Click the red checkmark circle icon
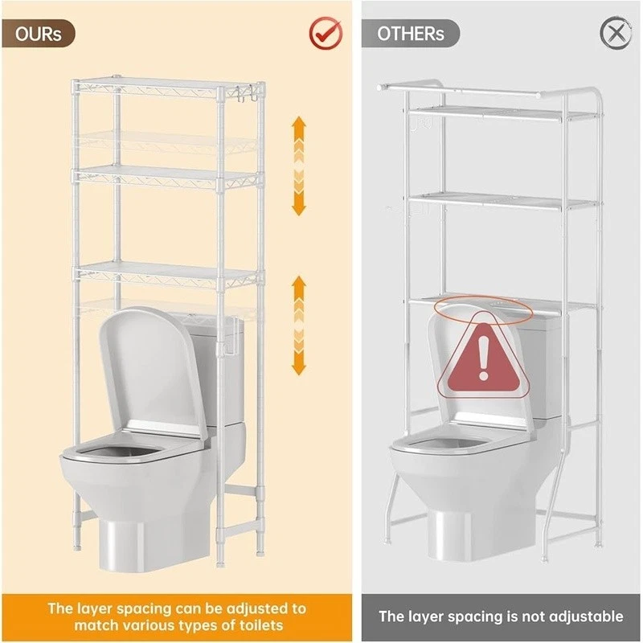pos(326,33)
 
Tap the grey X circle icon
pos(616,33)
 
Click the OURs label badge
pos(38,33)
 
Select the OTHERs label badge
pos(410,33)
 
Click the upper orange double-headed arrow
pos(299,166)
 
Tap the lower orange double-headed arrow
pos(299,326)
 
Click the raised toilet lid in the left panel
pos(152,369)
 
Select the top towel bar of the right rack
pos(459,91)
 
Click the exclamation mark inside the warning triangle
pos(484,357)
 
